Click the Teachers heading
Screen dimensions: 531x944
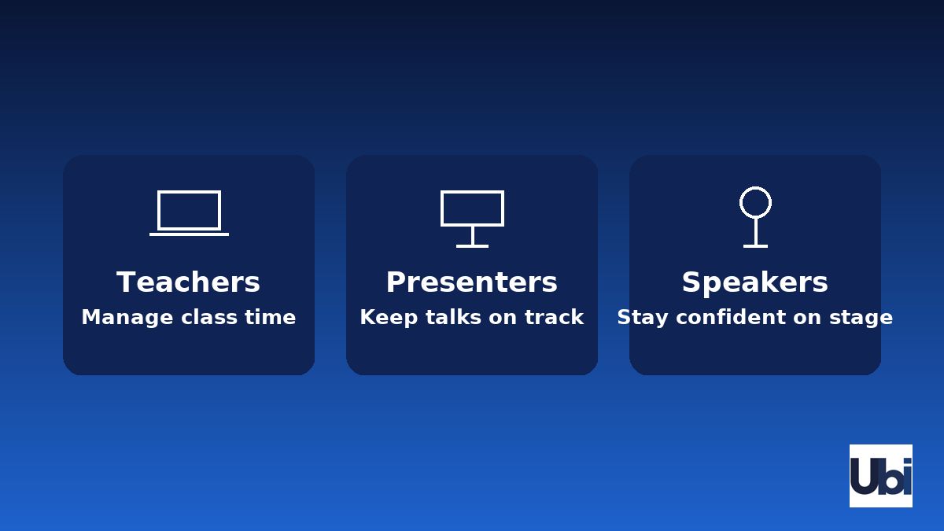tap(188, 282)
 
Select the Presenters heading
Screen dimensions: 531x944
tap(471, 282)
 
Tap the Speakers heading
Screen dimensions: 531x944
tap(754, 282)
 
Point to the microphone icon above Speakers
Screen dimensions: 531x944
tap(755, 217)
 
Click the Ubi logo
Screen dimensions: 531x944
tap(880, 476)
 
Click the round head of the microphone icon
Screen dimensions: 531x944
tap(755, 202)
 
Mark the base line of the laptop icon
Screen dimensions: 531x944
tap(189, 234)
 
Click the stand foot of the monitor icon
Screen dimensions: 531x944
tap(472, 246)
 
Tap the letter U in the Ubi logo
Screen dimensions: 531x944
tap(864, 477)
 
